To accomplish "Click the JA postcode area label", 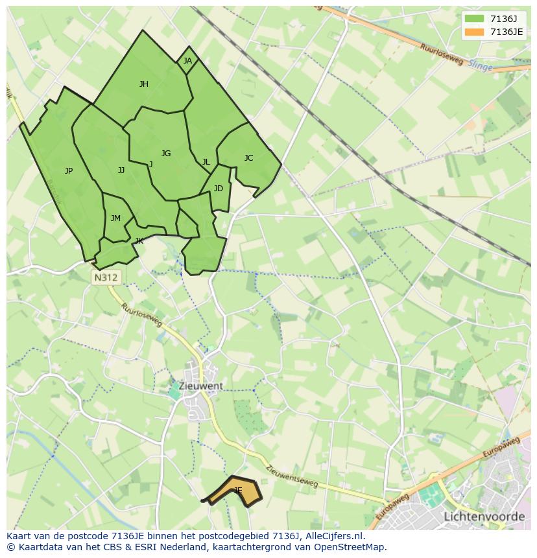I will tap(187, 61).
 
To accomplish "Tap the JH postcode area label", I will tap(144, 84).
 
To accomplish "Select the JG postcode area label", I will tap(166, 154).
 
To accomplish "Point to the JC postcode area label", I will tap(248, 158).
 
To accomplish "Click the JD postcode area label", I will tap(219, 189).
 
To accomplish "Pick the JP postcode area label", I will tap(69, 171).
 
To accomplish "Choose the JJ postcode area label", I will tap(121, 170).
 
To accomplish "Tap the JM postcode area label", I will tap(115, 218).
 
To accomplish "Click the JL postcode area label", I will tap(206, 162).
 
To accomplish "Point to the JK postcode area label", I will tap(139, 241).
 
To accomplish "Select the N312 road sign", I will tap(106, 277).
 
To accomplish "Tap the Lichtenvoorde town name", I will tap(484, 517).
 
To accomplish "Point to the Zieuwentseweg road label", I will tap(292, 476).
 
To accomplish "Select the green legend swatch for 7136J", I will tap(474, 18).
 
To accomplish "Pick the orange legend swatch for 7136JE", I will tap(474, 32).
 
